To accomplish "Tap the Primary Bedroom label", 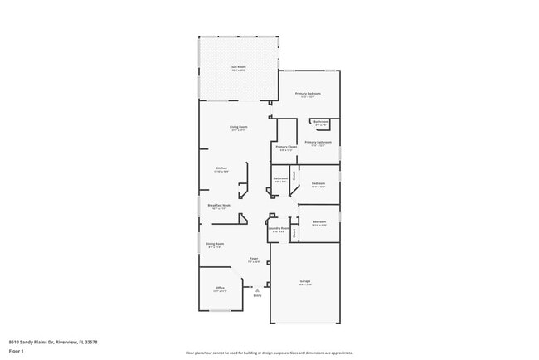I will (308, 94).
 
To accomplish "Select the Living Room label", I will (239, 127).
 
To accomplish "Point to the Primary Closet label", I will (286, 147).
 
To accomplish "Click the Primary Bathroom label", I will (318, 142).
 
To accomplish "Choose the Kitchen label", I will (221, 168).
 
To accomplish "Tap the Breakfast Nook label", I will (219, 205).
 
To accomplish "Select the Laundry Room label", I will (279, 228).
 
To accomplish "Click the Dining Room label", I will (216, 244).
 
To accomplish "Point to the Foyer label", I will (254, 259).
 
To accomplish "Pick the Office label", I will (220, 288).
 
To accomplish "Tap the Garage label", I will (304, 282).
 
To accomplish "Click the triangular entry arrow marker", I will (256, 290).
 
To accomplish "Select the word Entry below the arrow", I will (256, 296).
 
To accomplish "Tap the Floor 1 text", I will (17, 351).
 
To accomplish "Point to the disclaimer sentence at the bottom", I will (269, 353).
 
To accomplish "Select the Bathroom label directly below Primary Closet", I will (280, 178).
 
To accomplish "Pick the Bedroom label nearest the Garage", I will (318, 221).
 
